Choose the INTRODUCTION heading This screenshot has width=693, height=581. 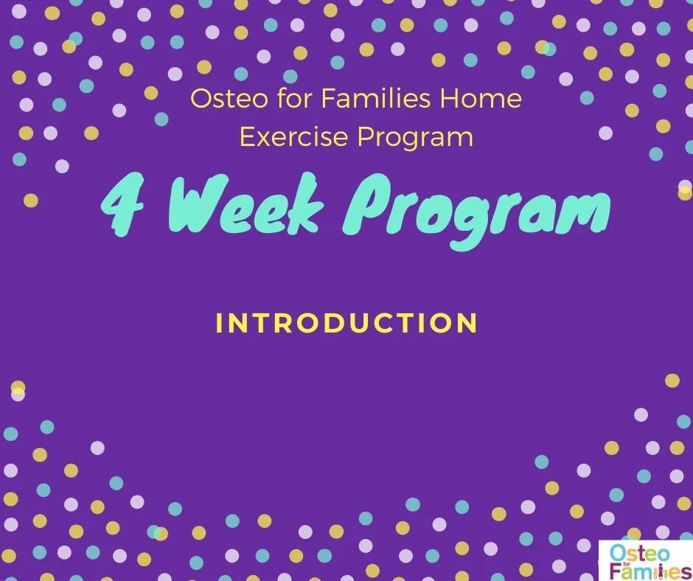point(346,323)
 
